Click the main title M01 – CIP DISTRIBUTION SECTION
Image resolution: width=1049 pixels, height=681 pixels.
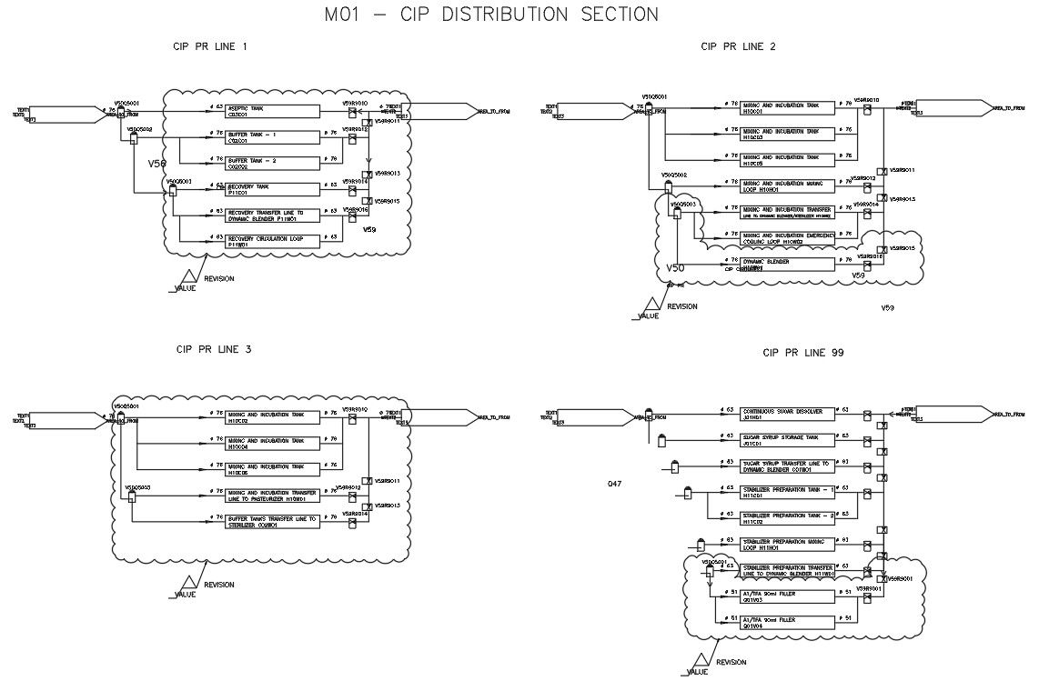point(491,15)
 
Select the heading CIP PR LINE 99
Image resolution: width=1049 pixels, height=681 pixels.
point(804,352)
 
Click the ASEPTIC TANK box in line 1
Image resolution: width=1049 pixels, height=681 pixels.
point(274,111)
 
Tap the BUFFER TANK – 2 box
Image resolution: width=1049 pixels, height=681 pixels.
point(274,164)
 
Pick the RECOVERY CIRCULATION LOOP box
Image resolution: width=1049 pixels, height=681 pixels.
point(274,241)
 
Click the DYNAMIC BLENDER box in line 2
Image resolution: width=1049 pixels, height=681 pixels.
point(787,265)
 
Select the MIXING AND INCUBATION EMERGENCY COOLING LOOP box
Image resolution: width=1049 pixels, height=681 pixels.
point(787,238)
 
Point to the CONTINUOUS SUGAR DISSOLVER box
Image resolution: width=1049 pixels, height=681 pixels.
point(787,415)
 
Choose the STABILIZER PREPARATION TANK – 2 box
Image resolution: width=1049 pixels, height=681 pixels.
point(787,518)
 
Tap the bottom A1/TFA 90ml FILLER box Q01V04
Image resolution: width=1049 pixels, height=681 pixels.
point(787,623)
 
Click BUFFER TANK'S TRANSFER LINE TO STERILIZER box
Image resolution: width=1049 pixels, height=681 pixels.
point(274,521)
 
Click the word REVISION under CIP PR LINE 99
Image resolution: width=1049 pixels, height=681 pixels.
point(731,663)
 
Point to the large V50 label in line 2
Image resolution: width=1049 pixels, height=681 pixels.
point(674,269)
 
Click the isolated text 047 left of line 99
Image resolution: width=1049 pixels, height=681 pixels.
point(615,484)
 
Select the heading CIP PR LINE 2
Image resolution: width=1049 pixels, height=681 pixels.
point(738,46)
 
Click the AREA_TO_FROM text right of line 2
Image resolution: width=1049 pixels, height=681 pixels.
point(1007,107)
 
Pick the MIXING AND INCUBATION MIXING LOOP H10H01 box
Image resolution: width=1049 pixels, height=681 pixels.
point(787,185)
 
